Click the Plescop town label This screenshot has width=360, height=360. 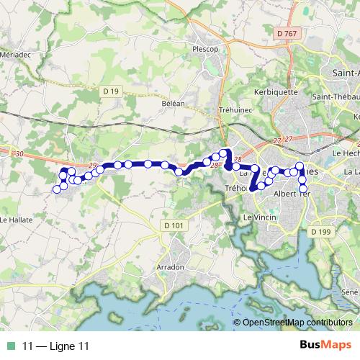click(205, 50)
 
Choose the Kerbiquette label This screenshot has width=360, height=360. click(276, 93)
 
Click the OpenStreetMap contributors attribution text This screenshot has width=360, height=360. click(299, 322)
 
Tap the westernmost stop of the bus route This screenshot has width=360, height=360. click(56, 189)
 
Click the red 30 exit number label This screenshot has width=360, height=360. click(19, 154)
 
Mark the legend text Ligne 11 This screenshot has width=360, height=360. click(55, 346)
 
